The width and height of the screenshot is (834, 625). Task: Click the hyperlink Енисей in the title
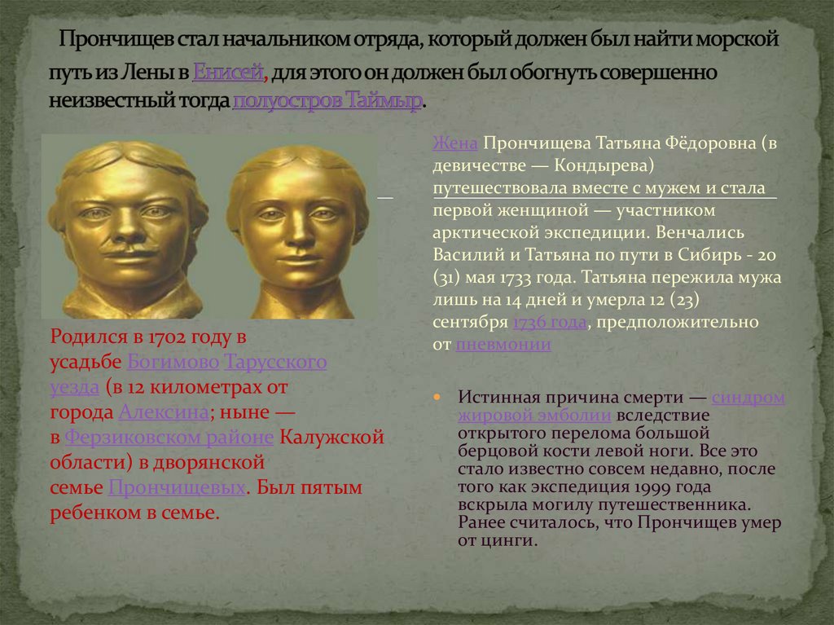tap(229, 73)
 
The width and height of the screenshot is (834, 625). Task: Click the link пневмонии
tap(503, 344)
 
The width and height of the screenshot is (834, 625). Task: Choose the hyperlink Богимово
tap(173, 362)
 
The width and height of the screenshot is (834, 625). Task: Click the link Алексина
tap(164, 412)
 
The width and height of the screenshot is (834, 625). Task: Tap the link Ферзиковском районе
tap(169, 438)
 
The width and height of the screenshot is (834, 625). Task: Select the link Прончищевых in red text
tap(177, 488)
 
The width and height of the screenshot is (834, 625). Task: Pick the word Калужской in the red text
tap(331, 438)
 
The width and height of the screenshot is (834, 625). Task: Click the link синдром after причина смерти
tap(748, 398)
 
